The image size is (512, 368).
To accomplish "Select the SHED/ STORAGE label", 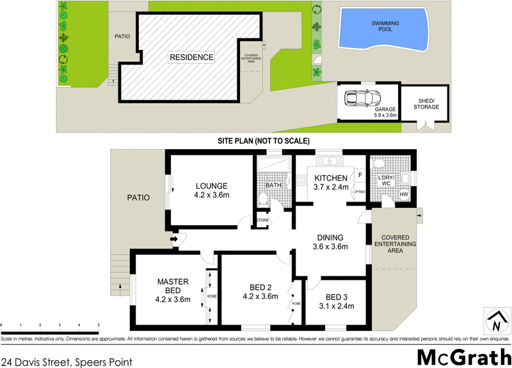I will (428, 104).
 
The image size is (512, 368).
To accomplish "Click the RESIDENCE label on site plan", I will (191, 58).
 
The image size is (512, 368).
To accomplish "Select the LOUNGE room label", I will (212, 190).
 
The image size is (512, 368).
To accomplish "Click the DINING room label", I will (330, 241).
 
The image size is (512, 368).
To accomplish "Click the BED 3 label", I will (336, 301).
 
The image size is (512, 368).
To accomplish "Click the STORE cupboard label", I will (263, 221).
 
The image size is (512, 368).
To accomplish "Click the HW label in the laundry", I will (403, 195).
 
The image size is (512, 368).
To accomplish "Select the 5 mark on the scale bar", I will (99, 326).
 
